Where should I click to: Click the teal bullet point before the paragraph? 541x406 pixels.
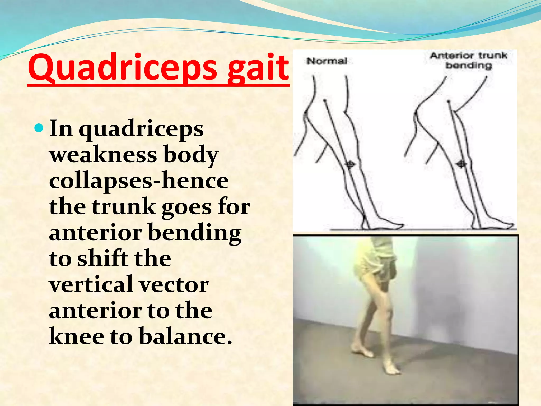pyautogui.click(x=39, y=128)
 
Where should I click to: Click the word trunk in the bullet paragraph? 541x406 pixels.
pyautogui.click(x=124, y=207)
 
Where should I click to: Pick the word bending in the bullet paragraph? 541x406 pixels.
pyautogui.click(x=195, y=233)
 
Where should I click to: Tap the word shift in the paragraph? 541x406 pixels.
pyautogui.click(x=102, y=258)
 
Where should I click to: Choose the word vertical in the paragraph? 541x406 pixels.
pyautogui.click(x=91, y=284)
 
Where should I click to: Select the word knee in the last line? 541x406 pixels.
pyautogui.click(x=77, y=336)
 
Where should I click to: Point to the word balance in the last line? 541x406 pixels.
pyautogui.click(x=185, y=336)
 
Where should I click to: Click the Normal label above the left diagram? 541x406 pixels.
pyautogui.click(x=327, y=61)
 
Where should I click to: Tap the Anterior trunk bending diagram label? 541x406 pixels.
pyautogui.click(x=469, y=61)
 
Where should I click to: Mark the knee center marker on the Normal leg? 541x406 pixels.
pyautogui.click(x=350, y=165)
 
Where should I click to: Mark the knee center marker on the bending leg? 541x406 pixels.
pyautogui.click(x=461, y=164)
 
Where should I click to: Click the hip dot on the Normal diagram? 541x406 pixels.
pyautogui.click(x=325, y=101)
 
